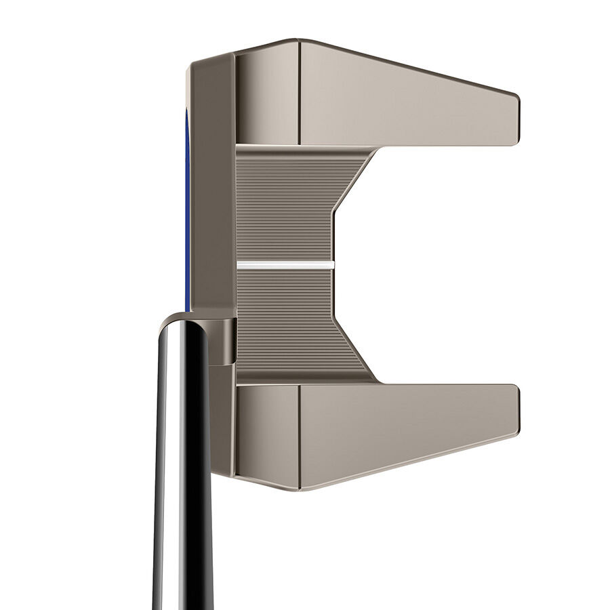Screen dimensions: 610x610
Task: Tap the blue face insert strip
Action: tap(187, 203)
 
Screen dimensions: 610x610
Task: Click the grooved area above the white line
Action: tap(285, 203)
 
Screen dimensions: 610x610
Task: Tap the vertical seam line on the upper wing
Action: tap(299, 91)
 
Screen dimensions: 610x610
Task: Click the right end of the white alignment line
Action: tap(332, 264)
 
